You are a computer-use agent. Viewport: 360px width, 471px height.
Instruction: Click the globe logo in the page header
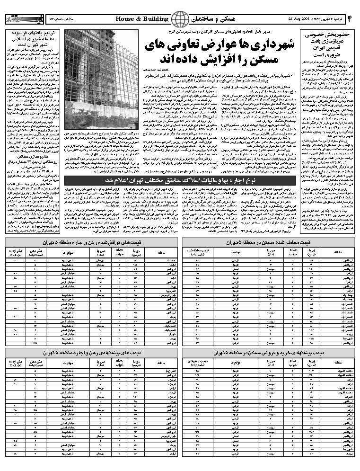pyautogui.click(x=179, y=19)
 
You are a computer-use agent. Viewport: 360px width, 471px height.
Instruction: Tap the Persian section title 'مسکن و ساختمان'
pyautogui.click(x=213, y=19)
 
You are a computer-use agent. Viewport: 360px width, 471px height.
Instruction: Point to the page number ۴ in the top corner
pyautogui.click(x=351, y=19)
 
